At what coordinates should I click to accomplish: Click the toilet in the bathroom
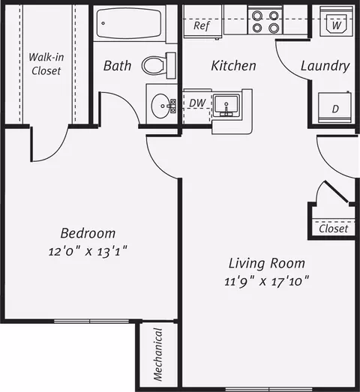pyautogui.click(x=158, y=65)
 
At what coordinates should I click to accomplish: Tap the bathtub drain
pyautogui.click(x=103, y=23)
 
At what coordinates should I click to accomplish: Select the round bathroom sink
pyautogui.click(x=160, y=106)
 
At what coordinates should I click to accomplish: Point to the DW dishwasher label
pyautogui.click(x=197, y=103)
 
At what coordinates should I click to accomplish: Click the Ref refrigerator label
pyautogui.click(x=202, y=25)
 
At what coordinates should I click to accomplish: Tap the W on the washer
pyautogui.click(x=337, y=25)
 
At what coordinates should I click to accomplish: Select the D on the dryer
pyautogui.click(x=335, y=109)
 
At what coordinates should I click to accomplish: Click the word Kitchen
pyautogui.click(x=234, y=66)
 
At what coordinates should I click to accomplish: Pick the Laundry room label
pyautogui.click(x=325, y=66)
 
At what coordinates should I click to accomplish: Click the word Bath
pyautogui.click(x=117, y=66)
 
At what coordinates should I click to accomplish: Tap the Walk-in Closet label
pyautogui.click(x=46, y=64)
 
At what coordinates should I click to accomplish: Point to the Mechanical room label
pyautogui.click(x=158, y=355)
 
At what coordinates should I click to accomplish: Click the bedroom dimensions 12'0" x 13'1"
pyautogui.click(x=88, y=252)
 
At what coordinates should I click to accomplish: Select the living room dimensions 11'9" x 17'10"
pyautogui.click(x=267, y=282)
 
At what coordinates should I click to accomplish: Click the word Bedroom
pyautogui.click(x=88, y=233)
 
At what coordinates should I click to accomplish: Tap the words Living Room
pyautogui.click(x=267, y=264)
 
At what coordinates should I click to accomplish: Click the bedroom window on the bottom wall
pyautogui.click(x=91, y=321)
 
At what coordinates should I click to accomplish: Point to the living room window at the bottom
pyautogui.click(x=269, y=390)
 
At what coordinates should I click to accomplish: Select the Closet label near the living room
pyautogui.click(x=334, y=229)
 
